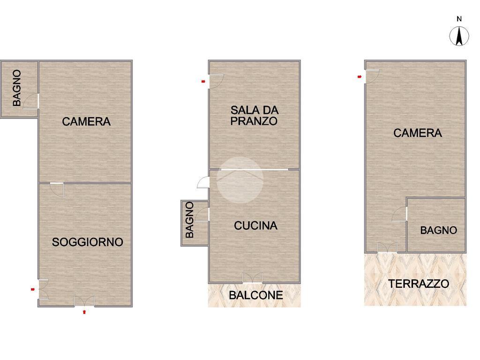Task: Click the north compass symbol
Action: coord(459,36)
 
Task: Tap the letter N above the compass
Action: coord(459,19)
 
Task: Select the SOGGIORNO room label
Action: coord(88,242)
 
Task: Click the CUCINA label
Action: coord(255,225)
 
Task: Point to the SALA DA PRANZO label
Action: coord(255,115)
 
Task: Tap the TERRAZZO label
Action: coord(419,284)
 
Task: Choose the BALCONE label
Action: coord(256,295)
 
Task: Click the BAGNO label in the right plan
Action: coord(438,230)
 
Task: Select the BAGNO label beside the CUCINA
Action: coord(190,220)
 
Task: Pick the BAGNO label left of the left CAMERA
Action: coord(17,88)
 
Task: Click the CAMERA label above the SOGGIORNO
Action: coord(86,121)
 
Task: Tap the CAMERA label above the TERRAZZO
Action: coord(418,133)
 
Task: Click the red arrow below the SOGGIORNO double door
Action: coord(84,312)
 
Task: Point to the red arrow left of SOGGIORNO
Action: coord(33,289)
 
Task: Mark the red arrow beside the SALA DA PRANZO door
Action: coord(203,82)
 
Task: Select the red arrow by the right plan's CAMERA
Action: coord(360,77)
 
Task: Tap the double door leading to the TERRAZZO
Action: coord(387,247)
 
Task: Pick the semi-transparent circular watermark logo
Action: coord(240,180)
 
